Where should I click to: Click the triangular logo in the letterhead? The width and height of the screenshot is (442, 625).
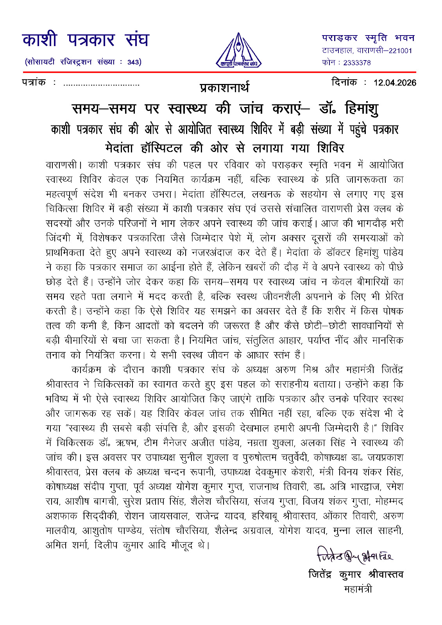(x=238, y=50)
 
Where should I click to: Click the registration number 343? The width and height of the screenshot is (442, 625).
(x=133, y=62)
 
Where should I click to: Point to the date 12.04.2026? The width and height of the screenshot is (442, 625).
(x=395, y=82)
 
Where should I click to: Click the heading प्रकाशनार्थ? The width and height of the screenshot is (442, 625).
(x=224, y=87)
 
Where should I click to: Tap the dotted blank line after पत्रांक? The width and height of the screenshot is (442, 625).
(x=101, y=84)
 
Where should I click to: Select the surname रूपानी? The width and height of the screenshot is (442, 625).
(x=200, y=472)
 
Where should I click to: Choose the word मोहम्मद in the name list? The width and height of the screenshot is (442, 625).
(x=389, y=501)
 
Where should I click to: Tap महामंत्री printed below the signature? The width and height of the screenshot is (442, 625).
(x=358, y=589)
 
